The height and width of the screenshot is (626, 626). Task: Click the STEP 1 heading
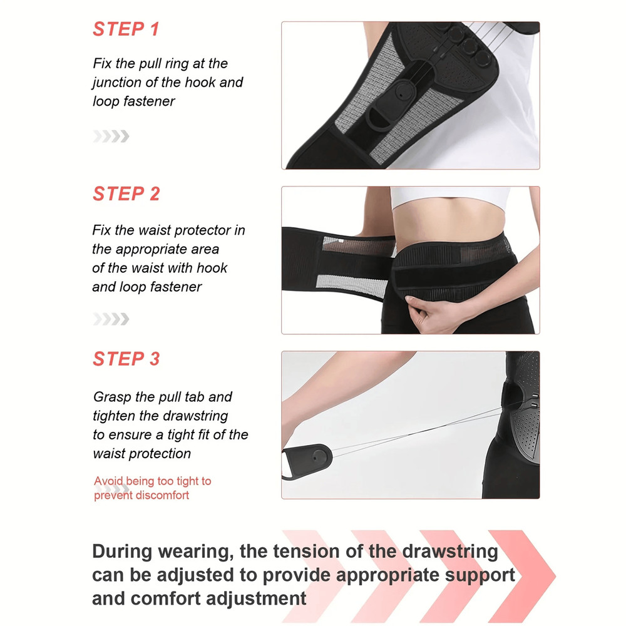(126, 29)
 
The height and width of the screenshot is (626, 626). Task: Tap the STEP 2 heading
(126, 194)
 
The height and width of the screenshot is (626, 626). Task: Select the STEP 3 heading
(126, 359)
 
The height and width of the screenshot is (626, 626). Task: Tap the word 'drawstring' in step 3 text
(195, 416)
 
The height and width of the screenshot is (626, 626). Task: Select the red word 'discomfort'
(158, 495)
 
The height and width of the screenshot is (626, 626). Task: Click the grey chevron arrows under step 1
(111, 136)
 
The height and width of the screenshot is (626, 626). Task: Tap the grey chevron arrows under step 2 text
(111, 319)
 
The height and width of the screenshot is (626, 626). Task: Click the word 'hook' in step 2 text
(213, 268)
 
